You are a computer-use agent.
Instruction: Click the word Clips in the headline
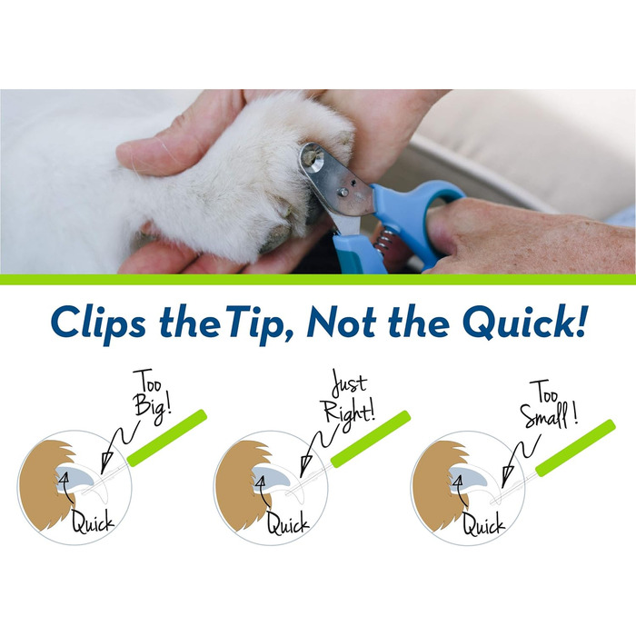(x=98, y=323)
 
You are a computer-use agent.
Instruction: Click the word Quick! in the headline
(x=524, y=323)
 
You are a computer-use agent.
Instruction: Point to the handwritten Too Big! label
(x=152, y=396)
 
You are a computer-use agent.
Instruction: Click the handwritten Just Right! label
(x=350, y=397)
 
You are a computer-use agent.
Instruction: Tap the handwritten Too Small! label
(x=549, y=404)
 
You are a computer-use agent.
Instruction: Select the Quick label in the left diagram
(x=93, y=522)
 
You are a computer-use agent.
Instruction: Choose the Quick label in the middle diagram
(x=288, y=522)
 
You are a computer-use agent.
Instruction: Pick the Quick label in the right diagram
(x=484, y=523)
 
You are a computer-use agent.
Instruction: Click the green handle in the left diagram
(x=167, y=437)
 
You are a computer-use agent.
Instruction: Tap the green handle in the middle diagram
(x=371, y=439)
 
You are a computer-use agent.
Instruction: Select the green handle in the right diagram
(x=575, y=448)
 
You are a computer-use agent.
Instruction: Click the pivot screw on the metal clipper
(x=343, y=192)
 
